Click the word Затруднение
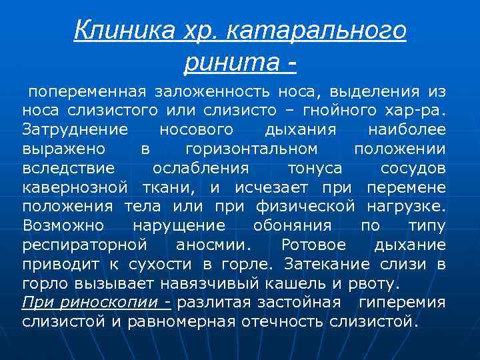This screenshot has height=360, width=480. click(71, 127)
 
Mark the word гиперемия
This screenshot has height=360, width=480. click(402, 302)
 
